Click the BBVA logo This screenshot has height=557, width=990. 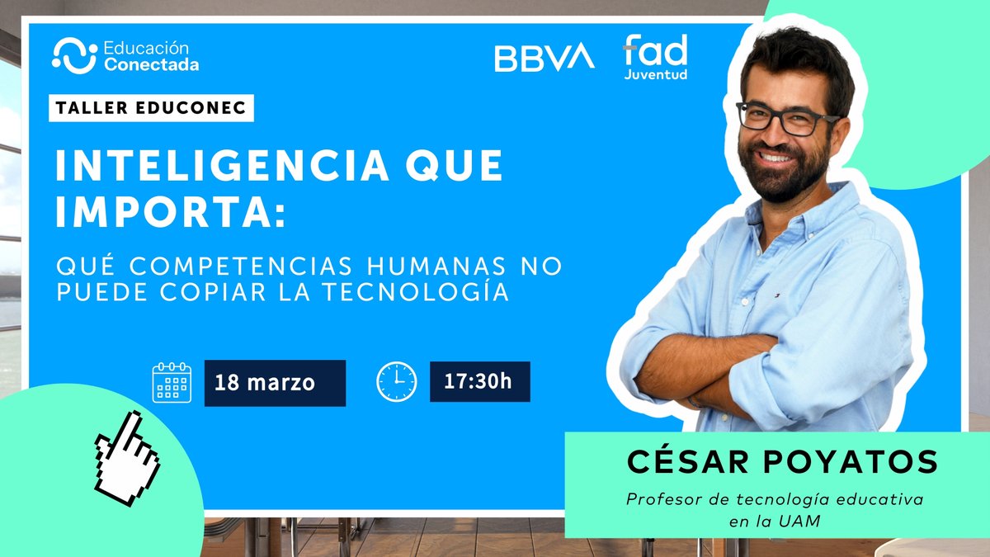tap(544, 57)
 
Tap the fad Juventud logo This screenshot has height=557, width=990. tap(655, 58)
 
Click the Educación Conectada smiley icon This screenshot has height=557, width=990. tap(74, 55)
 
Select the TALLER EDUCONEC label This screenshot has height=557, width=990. tap(151, 108)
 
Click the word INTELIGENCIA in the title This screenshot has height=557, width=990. tap(221, 166)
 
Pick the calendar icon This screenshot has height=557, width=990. tap(172, 382)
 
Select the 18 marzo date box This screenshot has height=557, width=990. tap(275, 383)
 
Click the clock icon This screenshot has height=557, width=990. tap(397, 381)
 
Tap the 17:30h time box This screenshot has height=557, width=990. tap(479, 381)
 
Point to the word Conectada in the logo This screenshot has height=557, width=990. tap(151, 64)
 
